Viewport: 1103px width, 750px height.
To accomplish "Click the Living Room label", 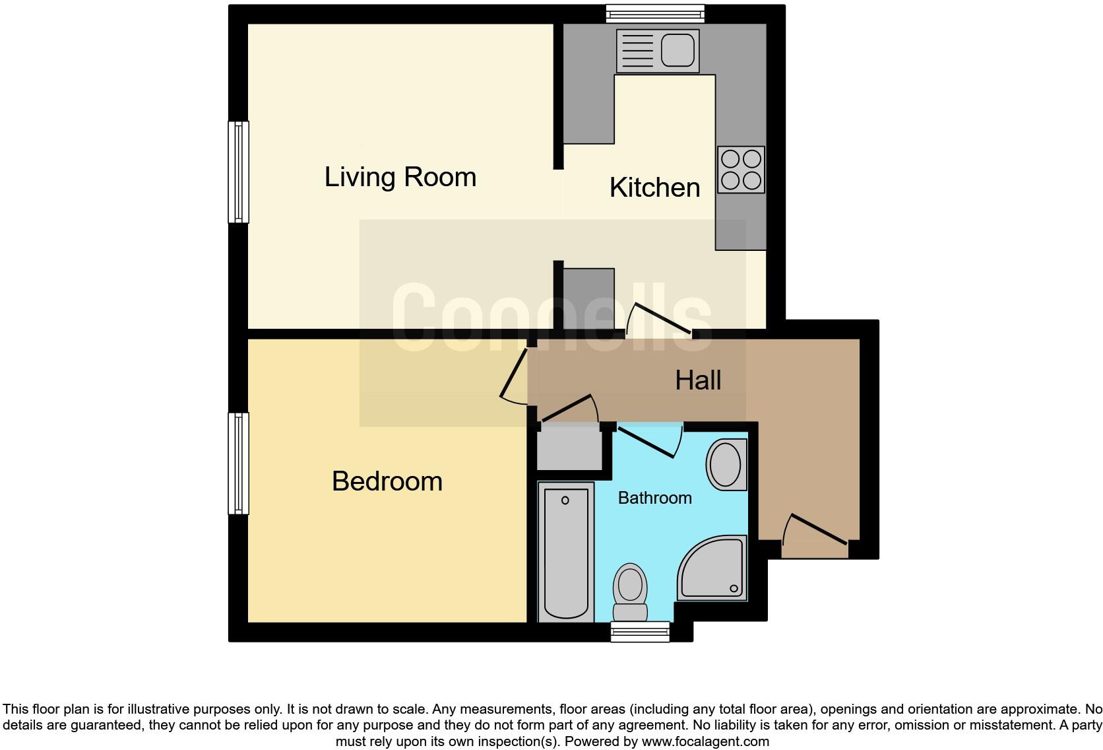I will click(x=400, y=177).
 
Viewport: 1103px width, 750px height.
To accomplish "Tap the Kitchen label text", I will click(x=654, y=187).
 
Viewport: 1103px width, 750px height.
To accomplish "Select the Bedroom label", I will click(x=387, y=481).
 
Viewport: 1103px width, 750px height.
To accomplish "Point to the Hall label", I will click(x=698, y=380).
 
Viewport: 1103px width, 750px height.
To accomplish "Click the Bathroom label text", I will click(x=654, y=498).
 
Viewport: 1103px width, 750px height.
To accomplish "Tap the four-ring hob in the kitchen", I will click(x=741, y=170).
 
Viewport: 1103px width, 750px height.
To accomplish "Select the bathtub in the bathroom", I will click(x=565, y=551).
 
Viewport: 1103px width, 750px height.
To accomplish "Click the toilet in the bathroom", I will click(x=630, y=591).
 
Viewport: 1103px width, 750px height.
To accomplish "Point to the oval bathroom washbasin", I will click(x=726, y=465).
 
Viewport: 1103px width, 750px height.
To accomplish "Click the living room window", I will click(x=238, y=172).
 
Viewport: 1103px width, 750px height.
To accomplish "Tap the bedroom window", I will click(x=238, y=463).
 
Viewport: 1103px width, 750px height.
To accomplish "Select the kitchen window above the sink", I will click(x=655, y=13).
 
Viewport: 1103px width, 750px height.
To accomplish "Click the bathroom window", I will click(x=640, y=632).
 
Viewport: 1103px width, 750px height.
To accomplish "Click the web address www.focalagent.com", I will click(x=705, y=741).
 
